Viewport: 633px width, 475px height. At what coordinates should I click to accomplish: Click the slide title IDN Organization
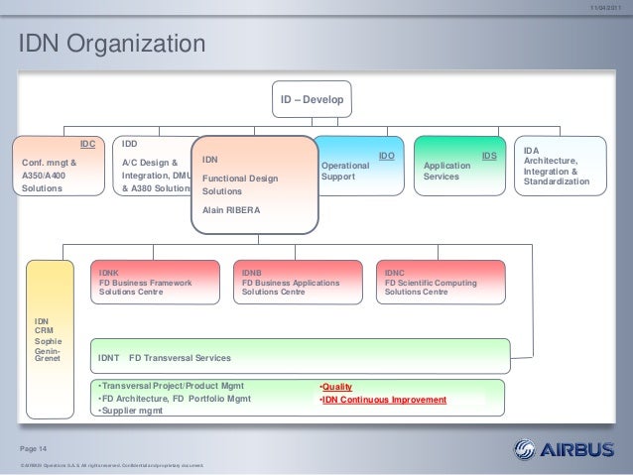click(x=107, y=45)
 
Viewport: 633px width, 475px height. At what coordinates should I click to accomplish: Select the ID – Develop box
click(x=311, y=99)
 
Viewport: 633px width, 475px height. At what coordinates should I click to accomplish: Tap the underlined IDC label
click(x=87, y=144)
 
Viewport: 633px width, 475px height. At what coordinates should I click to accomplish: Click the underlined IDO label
click(x=387, y=157)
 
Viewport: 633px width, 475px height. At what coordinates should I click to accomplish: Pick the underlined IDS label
click(x=488, y=157)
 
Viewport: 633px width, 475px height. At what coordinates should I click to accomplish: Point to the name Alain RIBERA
click(x=231, y=211)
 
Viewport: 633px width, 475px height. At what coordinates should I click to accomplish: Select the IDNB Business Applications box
click(x=299, y=281)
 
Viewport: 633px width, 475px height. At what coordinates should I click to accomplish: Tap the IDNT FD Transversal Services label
click(x=165, y=357)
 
